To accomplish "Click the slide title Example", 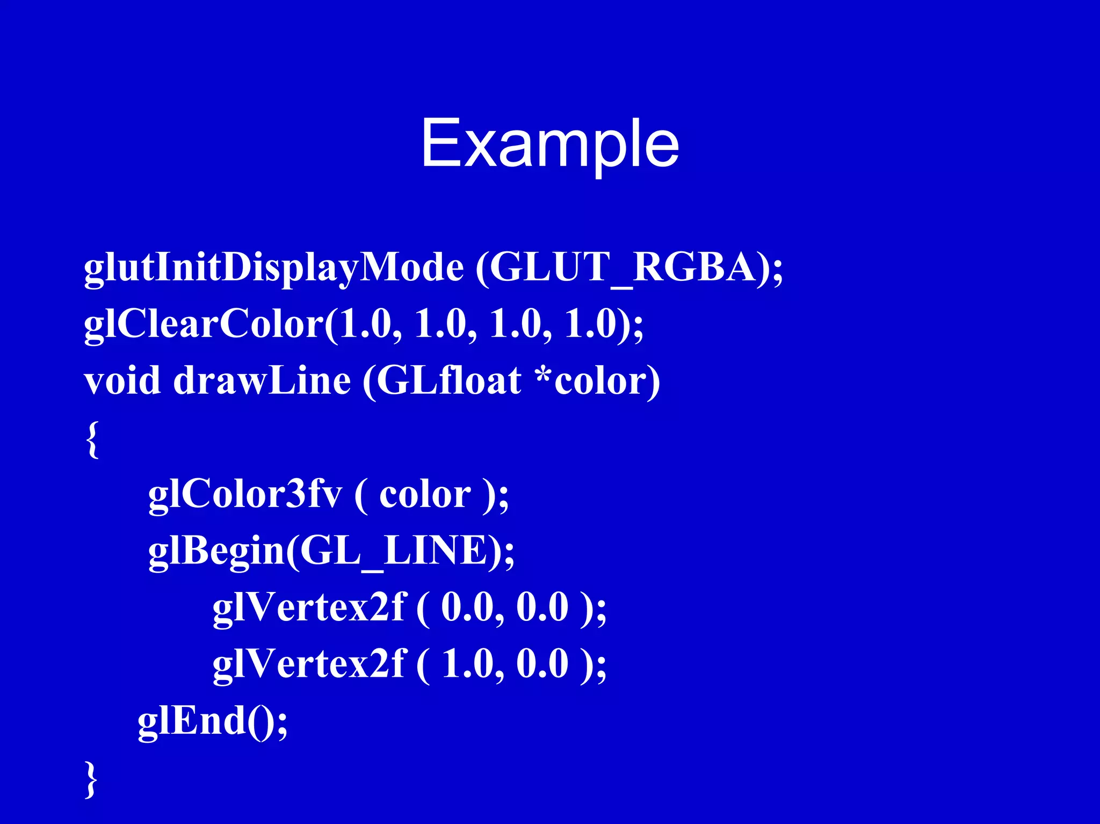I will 549,144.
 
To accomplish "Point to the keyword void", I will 122,381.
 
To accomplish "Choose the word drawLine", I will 262,381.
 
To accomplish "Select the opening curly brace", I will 92,439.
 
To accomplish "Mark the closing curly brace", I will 92,779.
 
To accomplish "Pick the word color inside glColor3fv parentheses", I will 425,495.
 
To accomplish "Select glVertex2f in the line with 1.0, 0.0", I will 308,664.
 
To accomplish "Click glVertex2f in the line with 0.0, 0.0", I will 308,608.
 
